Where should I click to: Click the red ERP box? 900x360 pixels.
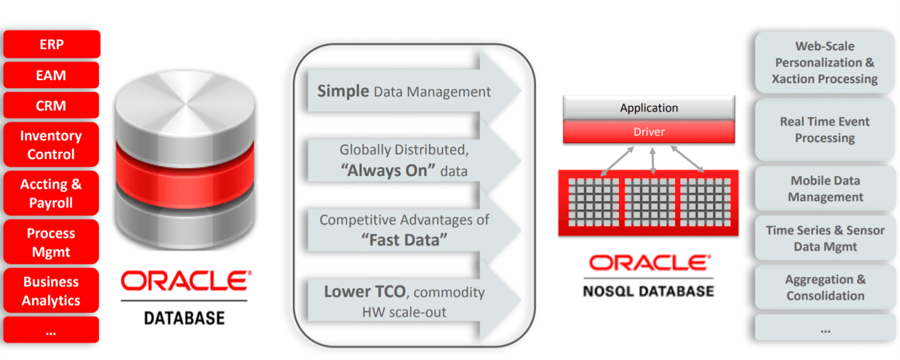coord(52,44)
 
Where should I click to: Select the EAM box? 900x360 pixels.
coord(52,75)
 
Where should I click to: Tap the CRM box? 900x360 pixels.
coord(52,105)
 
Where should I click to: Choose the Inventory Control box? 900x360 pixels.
coord(52,145)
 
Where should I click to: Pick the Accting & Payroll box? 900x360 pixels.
coord(52,194)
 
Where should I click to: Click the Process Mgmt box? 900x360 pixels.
coord(52,242)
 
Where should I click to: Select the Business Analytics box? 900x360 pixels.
coord(52,291)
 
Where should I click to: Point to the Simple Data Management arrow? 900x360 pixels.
coord(403,91)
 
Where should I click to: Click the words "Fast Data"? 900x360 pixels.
coord(403,240)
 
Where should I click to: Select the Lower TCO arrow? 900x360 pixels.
coord(403,301)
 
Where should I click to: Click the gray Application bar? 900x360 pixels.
coord(649,108)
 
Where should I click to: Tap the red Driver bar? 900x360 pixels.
coord(649,132)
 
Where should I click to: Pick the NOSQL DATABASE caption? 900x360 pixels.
coord(649,291)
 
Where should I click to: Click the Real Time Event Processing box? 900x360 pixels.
coord(824,129)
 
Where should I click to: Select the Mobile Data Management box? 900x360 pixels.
coord(824,189)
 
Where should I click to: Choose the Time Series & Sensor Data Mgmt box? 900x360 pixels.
coord(824,238)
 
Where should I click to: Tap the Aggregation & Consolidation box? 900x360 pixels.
coord(824,287)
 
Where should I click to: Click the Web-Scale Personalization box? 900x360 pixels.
coord(824,62)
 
